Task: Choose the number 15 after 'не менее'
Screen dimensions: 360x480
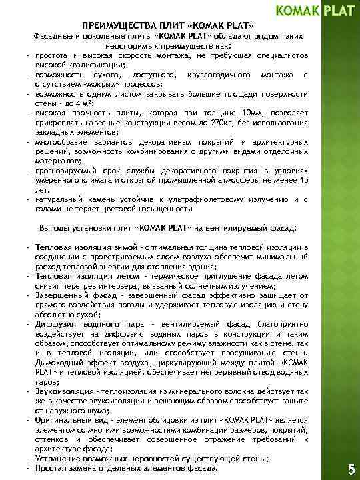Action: [x=304, y=180]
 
